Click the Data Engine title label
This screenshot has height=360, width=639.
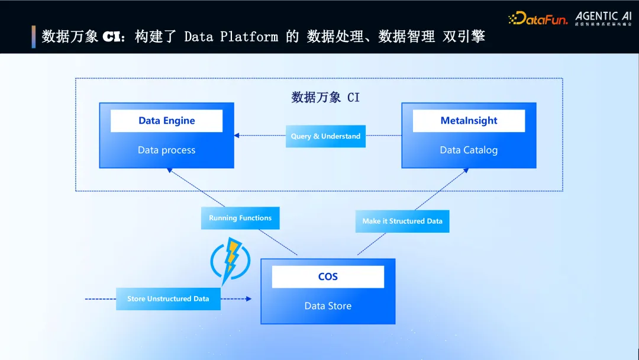pyautogui.click(x=166, y=121)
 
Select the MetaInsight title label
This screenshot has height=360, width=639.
pyautogui.click(x=469, y=121)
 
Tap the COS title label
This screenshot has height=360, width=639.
pyautogui.click(x=328, y=277)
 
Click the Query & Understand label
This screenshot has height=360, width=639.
pyautogui.click(x=325, y=136)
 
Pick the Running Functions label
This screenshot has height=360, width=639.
pyautogui.click(x=240, y=218)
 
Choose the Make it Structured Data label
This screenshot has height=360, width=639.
pyautogui.click(x=402, y=221)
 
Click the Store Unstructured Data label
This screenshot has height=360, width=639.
pyautogui.click(x=168, y=298)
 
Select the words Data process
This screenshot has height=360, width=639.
pyautogui.click(x=166, y=150)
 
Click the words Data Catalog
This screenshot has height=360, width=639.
pyautogui.click(x=469, y=150)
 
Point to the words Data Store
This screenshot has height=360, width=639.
pyautogui.click(x=328, y=306)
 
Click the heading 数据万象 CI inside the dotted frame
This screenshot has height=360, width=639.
pyautogui.click(x=325, y=97)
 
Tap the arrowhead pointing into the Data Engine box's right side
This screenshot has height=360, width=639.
pyautogui.click(x=237, y=136)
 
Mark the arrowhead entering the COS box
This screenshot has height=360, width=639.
pyautogui.click(x=248, y=299)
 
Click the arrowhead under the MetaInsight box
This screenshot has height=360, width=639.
pyautogui.click(x=466, y=171)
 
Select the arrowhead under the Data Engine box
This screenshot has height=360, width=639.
pyautogui.click(x=169, y=171)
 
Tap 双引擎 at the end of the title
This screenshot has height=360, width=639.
pyautogui.click(x=464, y=37)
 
